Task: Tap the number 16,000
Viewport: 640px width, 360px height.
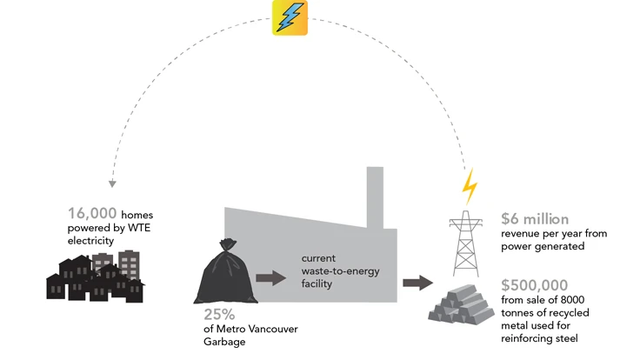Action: [x=93, y=213]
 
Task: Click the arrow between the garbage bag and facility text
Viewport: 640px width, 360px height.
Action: [x=271, y=278]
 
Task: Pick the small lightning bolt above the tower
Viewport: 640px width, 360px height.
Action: [x=469, y=185]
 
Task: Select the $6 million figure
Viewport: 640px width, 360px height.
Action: [x=535, y=219]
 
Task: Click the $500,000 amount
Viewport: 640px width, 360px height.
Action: [x=535, y=284]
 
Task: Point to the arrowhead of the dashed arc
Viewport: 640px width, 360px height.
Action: [x=112, y=184]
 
